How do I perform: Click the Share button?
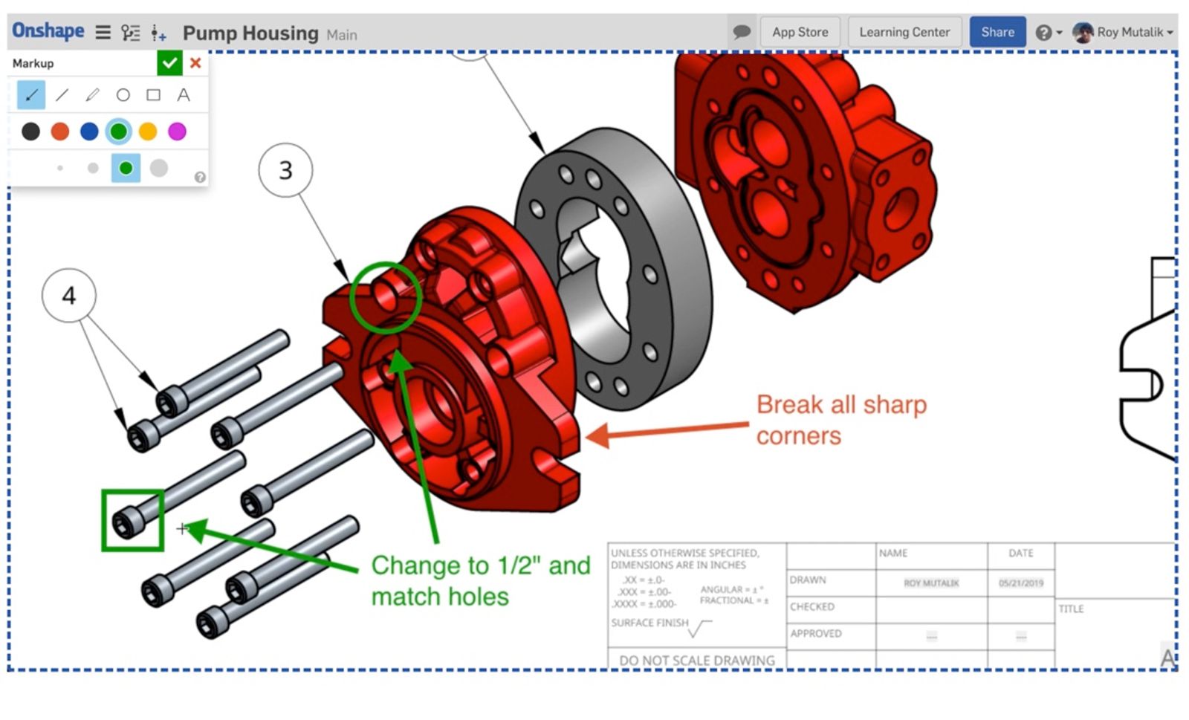(997, 32)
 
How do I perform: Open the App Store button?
(800, 32)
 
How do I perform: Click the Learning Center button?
(904, 32)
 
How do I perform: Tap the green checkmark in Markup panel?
(169, 63)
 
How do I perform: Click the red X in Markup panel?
(195, 63)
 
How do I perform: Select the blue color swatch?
(89, 132)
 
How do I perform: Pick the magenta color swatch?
(177, 132)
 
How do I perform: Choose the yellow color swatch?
(148, 132)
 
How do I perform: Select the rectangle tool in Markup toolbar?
(153, 95)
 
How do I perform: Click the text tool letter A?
(183, 95)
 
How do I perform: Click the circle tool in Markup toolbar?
(123, 95)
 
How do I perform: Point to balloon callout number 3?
(285, 170)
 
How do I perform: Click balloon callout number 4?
(68, 295)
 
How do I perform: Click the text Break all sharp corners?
(840, 420)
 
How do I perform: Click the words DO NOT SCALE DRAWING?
(696, 660)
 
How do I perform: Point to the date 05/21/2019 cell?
(1020, 583)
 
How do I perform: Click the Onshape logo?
(48, 31)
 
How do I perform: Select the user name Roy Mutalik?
(1130, 32)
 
